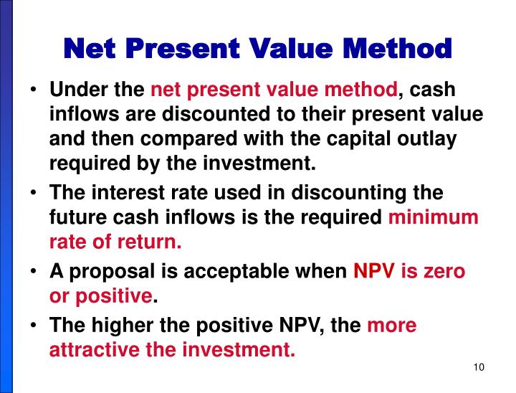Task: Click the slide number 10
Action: [479, 368]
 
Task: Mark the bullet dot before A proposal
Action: [34, 273]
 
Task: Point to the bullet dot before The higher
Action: [34, 326]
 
